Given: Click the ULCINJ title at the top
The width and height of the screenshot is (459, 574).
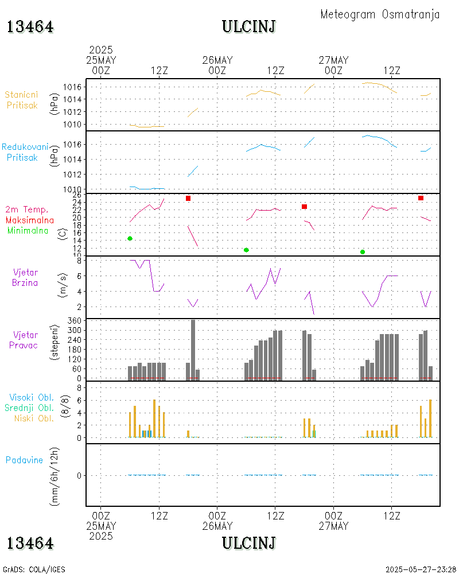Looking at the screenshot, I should pos(248,26).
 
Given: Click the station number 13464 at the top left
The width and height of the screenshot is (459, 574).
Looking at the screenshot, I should pos(30,26).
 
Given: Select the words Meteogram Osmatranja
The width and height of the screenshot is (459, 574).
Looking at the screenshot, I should pos(380,14).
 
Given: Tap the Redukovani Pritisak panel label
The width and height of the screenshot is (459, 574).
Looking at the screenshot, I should pos(24,152).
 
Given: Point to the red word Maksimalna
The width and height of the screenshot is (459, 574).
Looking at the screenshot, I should pos(30,220).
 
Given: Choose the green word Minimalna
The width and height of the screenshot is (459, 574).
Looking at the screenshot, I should pos(28,230).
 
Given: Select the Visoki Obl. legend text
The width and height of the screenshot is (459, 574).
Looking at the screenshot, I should pos(31,397).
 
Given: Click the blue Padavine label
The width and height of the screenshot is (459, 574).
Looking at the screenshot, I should pos(24,460).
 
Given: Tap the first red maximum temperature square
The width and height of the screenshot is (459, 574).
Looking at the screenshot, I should pos(188,198).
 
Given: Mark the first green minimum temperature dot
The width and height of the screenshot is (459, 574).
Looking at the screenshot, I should pos(130,238).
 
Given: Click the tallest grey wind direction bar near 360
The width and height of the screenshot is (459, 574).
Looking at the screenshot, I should pos(193,348).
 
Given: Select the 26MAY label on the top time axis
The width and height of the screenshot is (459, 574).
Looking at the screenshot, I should pos(217,60).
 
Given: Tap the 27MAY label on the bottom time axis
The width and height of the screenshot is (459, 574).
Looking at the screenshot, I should pos(333,526).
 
